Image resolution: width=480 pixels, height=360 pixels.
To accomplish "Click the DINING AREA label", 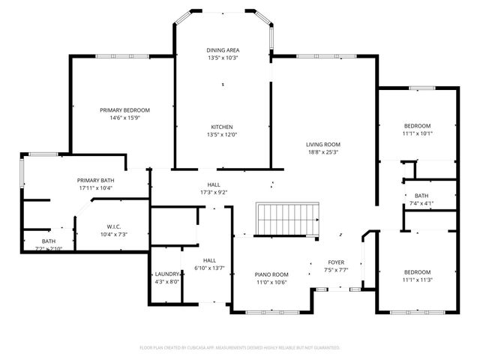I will (x=223, y=49).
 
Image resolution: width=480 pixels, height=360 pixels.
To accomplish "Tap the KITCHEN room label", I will (x=221, y=126).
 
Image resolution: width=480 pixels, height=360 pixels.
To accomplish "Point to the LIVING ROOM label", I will (x=322, y=144).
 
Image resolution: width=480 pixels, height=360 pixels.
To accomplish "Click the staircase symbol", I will (x=287, y=220).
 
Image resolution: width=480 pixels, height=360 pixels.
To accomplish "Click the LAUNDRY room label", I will (x=167, y=274).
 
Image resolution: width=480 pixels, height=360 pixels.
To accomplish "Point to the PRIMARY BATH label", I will (x=95, y=180).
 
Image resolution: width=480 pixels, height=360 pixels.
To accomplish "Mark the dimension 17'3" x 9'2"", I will (x=214, y=192).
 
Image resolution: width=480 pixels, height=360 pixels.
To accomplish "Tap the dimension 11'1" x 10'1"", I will (x=418, y=133).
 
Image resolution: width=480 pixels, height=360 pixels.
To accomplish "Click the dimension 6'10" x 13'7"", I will (x=210, y=247).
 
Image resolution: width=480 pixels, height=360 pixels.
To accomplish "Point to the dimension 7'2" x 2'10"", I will (x=49, y=248).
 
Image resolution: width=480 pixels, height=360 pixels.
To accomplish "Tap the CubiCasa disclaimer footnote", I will (x=240, y=347).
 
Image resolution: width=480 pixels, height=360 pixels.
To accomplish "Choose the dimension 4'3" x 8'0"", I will (x=167, y=281).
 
